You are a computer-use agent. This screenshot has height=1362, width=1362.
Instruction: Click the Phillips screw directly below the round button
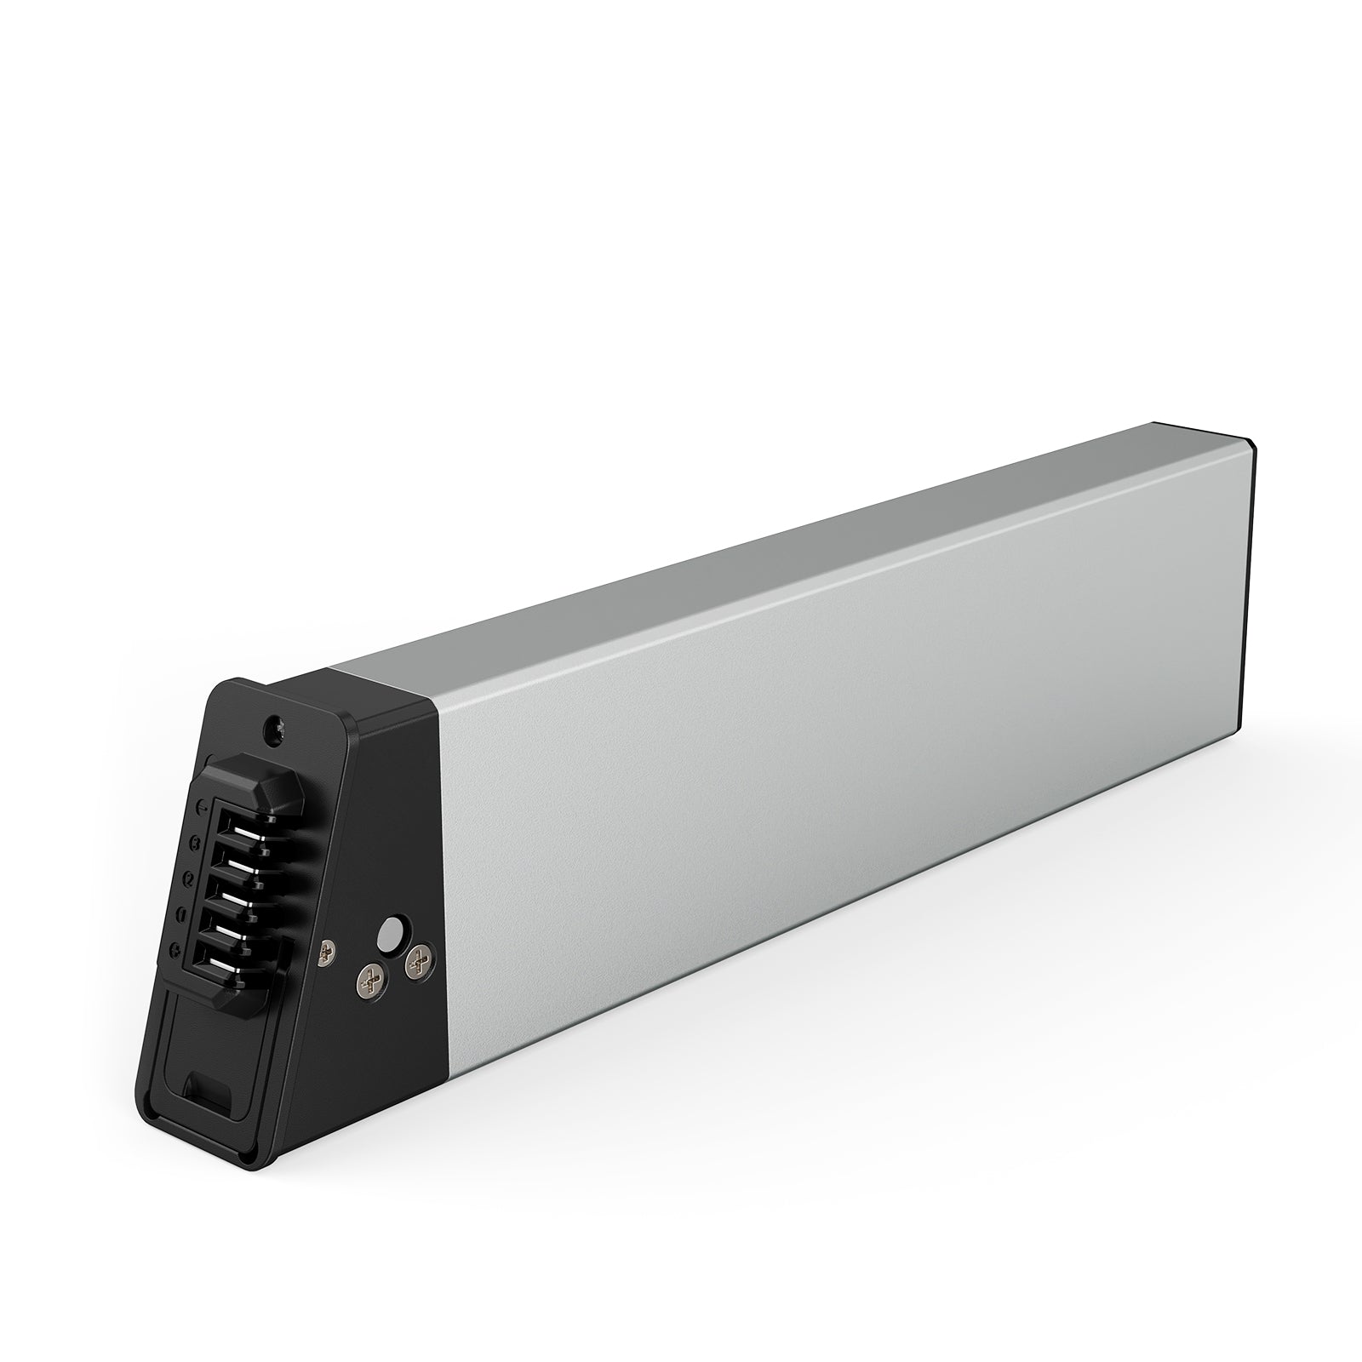(369, 981)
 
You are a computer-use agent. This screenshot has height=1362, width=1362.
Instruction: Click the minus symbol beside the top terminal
(203, 805)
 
